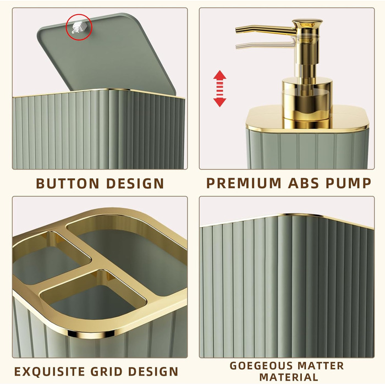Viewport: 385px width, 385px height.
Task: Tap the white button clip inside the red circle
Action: [78, 27]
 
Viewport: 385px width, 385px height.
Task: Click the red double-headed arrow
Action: [219, 89]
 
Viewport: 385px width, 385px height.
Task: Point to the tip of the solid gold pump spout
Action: [237, 30]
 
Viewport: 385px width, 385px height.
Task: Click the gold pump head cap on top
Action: [307, 24]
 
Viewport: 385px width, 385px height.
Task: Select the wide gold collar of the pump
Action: [307, 98]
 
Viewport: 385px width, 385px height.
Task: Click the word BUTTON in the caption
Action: [68, 183]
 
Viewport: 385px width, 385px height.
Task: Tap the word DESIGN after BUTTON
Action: [135, 183]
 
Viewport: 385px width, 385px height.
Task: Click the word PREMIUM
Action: [244, 183]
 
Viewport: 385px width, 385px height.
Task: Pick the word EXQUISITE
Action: [50, 371]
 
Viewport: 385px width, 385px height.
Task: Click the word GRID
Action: [107, 371]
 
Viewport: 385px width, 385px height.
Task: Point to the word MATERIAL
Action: [289, 377]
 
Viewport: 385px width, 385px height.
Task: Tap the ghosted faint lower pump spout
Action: [265, 45]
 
